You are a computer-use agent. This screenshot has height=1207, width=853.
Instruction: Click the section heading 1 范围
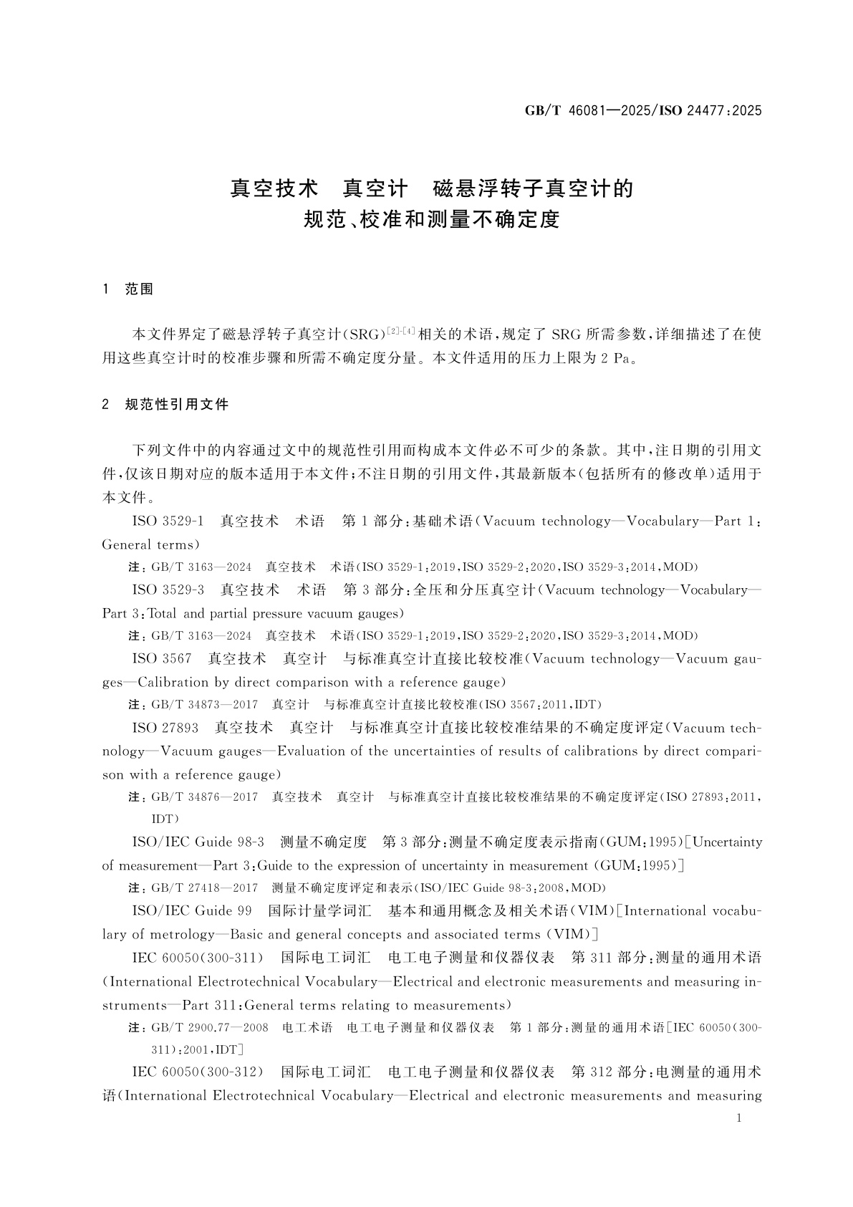129,289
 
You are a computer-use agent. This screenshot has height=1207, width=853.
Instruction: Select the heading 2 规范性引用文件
166,405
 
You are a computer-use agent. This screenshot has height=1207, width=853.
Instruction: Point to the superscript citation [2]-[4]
400,330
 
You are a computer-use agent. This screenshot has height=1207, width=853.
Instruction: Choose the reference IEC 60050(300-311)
198,958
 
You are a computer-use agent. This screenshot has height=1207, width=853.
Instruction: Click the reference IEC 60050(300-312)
198,1072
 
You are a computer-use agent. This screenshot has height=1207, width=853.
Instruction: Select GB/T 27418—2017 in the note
204,888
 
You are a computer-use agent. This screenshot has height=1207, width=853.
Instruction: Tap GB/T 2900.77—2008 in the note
210,1028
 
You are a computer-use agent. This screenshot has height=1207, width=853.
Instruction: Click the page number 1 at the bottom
738,1119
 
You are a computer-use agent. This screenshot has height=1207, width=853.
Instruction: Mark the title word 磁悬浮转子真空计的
534,189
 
